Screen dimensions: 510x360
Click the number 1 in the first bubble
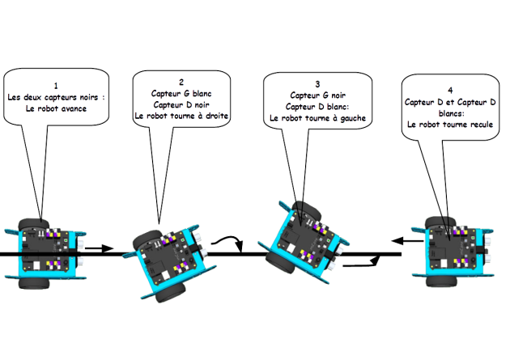point(56,86)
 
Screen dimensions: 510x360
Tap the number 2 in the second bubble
point(181,82)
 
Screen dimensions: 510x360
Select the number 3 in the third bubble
point(317,84)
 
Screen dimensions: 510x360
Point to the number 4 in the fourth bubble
point(450,90)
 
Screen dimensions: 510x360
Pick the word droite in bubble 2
point(217,116)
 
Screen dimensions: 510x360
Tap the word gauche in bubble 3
point(353,119)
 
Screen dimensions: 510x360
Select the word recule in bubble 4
point(482,125)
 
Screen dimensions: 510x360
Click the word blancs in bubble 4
point(452,113)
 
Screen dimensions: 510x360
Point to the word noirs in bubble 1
point(89,97)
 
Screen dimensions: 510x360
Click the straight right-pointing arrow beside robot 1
point(100,248)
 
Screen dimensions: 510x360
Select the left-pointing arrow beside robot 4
point(407,241)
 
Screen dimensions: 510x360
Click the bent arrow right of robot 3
point(362,265)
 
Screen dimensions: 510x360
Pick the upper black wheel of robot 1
point(33,224)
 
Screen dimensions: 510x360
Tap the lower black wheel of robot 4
point(440,281)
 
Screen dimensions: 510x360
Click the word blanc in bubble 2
point(202,94)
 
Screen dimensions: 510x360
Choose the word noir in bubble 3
point(338,95)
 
